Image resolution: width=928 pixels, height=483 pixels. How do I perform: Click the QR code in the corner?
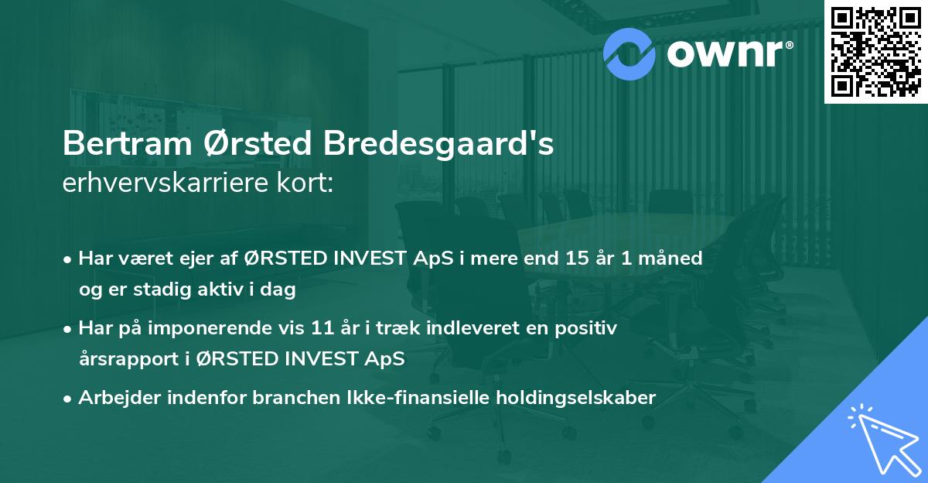[875, 52]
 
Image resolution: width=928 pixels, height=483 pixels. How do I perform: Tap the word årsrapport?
[125, 360]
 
